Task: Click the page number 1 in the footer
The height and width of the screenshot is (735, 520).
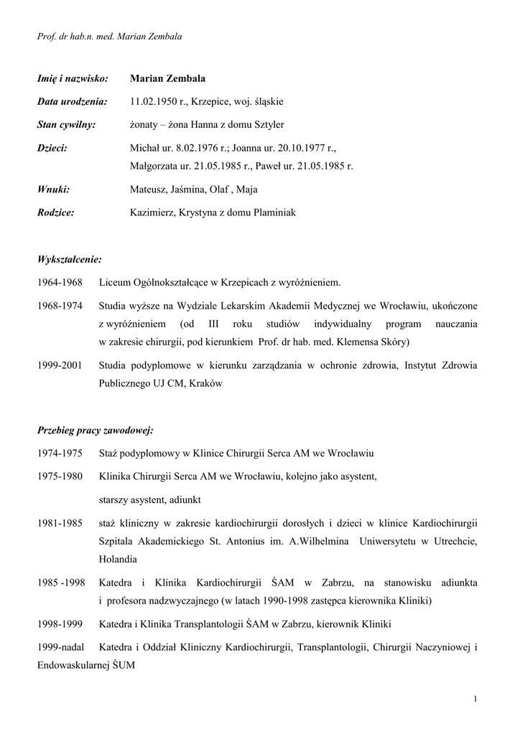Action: (x=475, y=698)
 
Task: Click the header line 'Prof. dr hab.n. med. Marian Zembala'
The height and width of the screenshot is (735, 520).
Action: (x=109, y=37)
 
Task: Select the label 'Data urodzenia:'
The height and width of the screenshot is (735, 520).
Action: (x=72, y=102)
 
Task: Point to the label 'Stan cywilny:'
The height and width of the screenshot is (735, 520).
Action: (x=66, y=124)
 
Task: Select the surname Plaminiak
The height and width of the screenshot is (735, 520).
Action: (x=269, y=212)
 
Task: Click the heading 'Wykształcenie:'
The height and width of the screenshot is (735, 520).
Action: (x=69, y=258)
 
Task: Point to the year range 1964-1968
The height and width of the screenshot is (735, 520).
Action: (x=60, y=282)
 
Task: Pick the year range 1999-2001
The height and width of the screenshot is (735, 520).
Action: (x=60, y=365)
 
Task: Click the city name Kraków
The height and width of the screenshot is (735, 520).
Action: (x=205, y=383)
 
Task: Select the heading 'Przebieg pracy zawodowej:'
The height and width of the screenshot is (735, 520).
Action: (x=95, y=431)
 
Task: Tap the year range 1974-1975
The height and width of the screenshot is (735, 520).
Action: (x=60, y=454)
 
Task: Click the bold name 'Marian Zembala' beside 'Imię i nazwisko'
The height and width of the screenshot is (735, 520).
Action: (x=167, y=78)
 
